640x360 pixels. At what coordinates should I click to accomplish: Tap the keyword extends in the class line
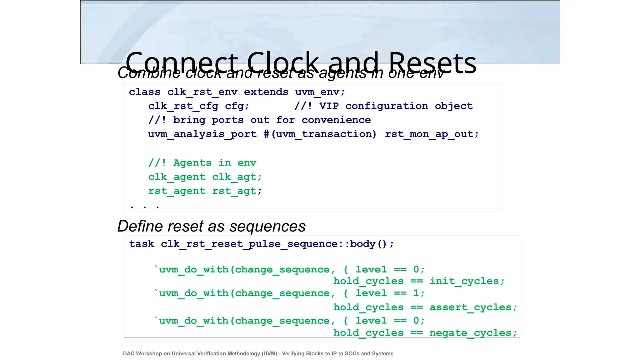(x=266, y=92)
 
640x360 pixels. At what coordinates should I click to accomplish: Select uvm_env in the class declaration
(x=317, y=92)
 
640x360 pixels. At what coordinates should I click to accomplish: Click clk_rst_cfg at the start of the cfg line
(x=183, y=106)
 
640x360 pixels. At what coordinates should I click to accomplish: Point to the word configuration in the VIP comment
(x=387, y=106)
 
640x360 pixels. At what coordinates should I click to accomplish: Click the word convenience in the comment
(x=336, y=120)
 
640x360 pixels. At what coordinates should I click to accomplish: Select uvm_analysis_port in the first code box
(x=202, y=134)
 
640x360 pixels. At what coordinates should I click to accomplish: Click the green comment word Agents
(x=192, y=163)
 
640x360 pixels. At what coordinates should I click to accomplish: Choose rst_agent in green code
(x=177, y=191)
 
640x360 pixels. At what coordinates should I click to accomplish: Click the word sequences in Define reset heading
(x=267, y=226)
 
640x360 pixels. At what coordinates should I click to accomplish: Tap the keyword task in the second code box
(x=142, y=244)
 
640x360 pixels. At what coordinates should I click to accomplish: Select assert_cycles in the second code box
(x=471, y=307)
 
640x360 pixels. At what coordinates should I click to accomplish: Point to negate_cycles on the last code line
(x=471, y=333)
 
